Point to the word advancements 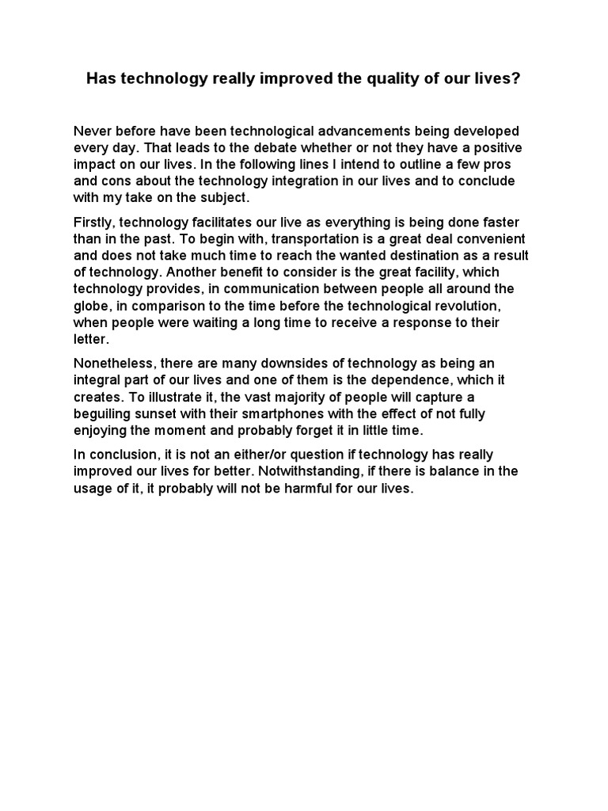tap(340, 131)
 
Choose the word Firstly tap(94, 223)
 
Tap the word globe tap(92, 306)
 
